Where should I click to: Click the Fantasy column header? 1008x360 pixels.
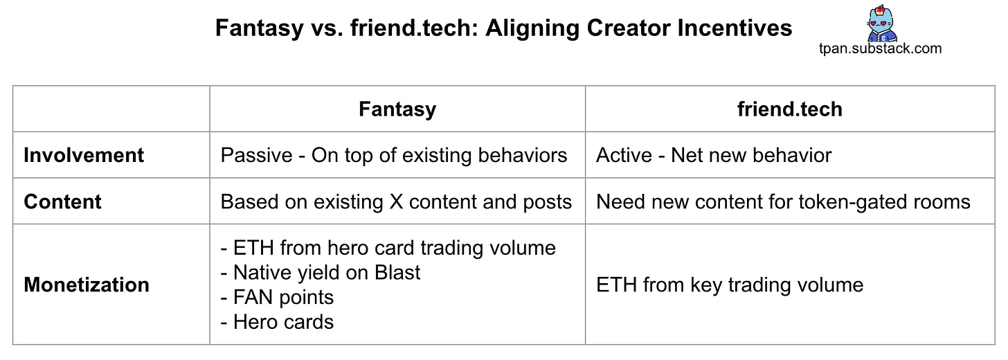click(397, 109)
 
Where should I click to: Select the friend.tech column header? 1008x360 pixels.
click(789, 109)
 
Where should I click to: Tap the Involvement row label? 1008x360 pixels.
click(84, 155)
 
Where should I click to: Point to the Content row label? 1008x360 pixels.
click(62, 201)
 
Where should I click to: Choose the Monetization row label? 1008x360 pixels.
click(87, 285)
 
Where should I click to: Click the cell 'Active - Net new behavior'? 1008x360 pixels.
click(713, 155)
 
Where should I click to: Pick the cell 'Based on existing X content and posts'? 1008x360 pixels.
click(396, 201)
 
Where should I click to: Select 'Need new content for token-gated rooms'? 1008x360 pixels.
click(783, 201)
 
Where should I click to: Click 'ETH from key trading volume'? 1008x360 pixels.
click(730, 285)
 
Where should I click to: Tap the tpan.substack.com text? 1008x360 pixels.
click(879, 48)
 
